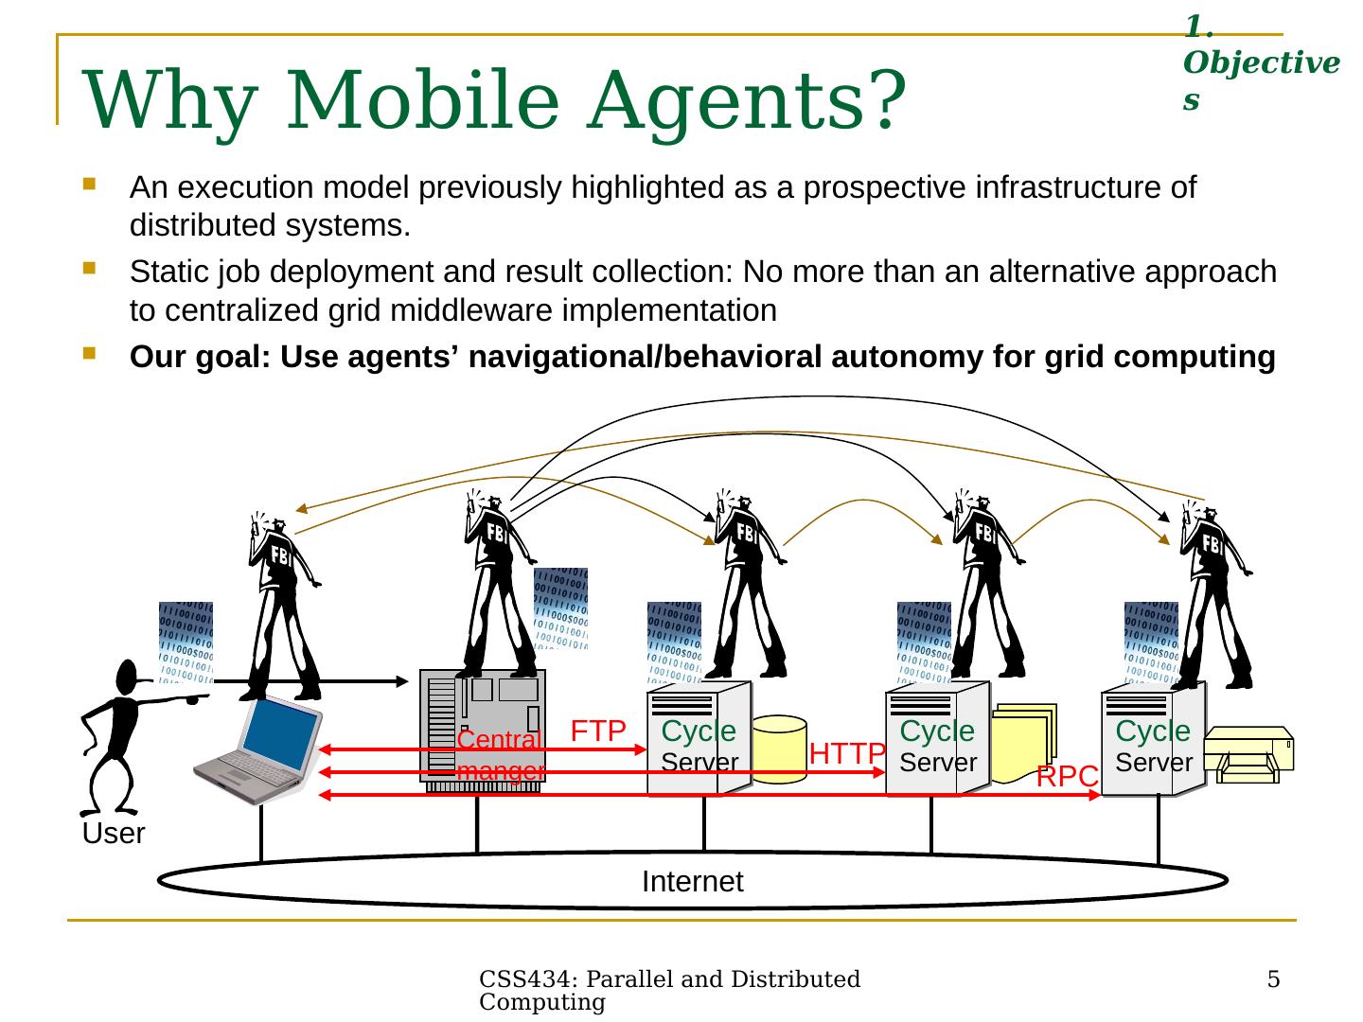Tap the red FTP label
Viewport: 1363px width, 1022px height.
click(598, 731)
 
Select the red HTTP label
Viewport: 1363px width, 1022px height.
click(847, 753)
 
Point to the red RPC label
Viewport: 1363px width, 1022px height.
click(1067, 777)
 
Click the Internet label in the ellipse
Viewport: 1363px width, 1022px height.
click(692, 882)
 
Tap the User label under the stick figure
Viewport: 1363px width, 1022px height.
click(113, 835)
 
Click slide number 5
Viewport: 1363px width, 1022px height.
click(1273, 979)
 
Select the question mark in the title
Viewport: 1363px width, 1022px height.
click(882, 98)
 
